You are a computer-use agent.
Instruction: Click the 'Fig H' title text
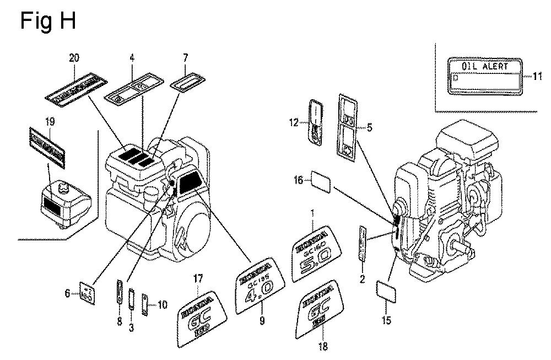click(47, 21)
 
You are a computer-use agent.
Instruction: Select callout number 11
click(538, 77)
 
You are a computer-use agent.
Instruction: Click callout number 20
click(74, 58)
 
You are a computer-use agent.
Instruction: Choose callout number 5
click(369, 128)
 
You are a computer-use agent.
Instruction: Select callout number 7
click(186, 58)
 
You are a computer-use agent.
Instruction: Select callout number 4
click(132, 58)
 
